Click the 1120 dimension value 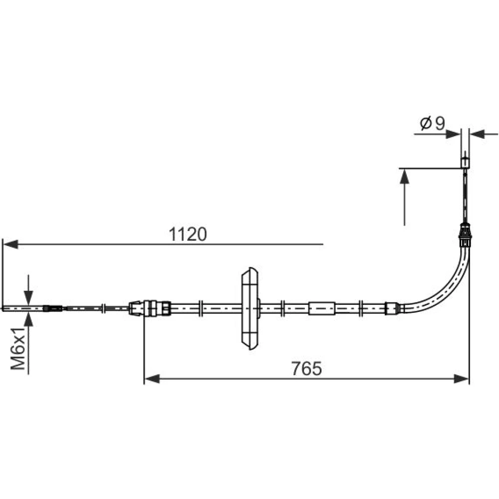click(188, 234)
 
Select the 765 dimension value click(306, 369)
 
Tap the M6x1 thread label click(18, 348)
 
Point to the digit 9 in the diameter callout click(440, 123)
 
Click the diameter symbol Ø click(426, 123)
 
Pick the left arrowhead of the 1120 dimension click(9, 245)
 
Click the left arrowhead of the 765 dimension click(152, 379)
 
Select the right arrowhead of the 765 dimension click(462, 379)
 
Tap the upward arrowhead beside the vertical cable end click(405, 176)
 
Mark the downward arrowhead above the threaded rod click(28, 298)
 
